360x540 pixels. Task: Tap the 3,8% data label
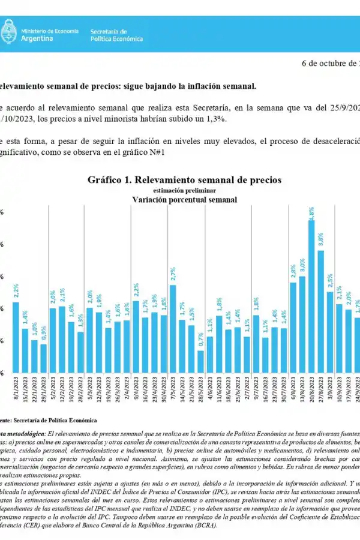(x=320, y=239)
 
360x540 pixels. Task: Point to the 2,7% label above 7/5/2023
(x=173, y=274)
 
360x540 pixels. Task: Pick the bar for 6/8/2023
(x=293, y=328)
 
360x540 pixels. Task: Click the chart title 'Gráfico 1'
(x=184, y=179)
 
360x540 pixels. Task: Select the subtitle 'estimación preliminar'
(x=184, y=190)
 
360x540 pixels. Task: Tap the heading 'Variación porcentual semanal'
(x=184, y=199)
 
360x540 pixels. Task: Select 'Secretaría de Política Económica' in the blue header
(x=116, y=35)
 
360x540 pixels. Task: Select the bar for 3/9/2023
(x=330, y=332)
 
